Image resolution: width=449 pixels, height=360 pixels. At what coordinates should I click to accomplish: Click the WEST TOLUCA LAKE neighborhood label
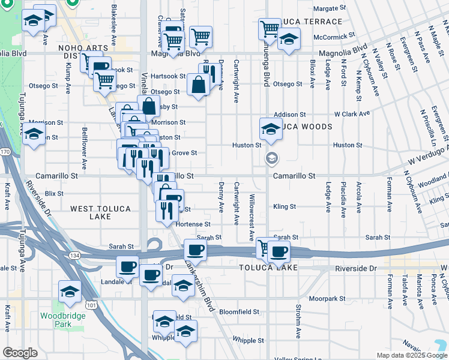(x=100, y=212)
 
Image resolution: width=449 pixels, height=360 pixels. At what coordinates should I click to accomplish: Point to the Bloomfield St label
(x=239, y=312)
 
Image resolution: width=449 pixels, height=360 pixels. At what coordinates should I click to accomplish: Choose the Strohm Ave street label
(x=298, y=321)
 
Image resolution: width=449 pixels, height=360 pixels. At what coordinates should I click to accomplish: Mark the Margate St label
(x=330, y=9)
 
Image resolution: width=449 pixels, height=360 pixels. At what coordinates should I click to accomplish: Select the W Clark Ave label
(x=352, y=114)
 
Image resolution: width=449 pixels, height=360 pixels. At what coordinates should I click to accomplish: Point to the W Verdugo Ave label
(x=428, y=156)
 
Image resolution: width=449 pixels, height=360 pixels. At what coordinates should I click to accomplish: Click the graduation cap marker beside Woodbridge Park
(x=70, y=292)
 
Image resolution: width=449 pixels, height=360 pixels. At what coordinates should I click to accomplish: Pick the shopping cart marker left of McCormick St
(x=270, y=28)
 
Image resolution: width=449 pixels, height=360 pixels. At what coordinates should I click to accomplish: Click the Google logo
(x=20, y=353)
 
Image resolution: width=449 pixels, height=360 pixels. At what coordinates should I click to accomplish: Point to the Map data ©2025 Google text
(x=412, y=355)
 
